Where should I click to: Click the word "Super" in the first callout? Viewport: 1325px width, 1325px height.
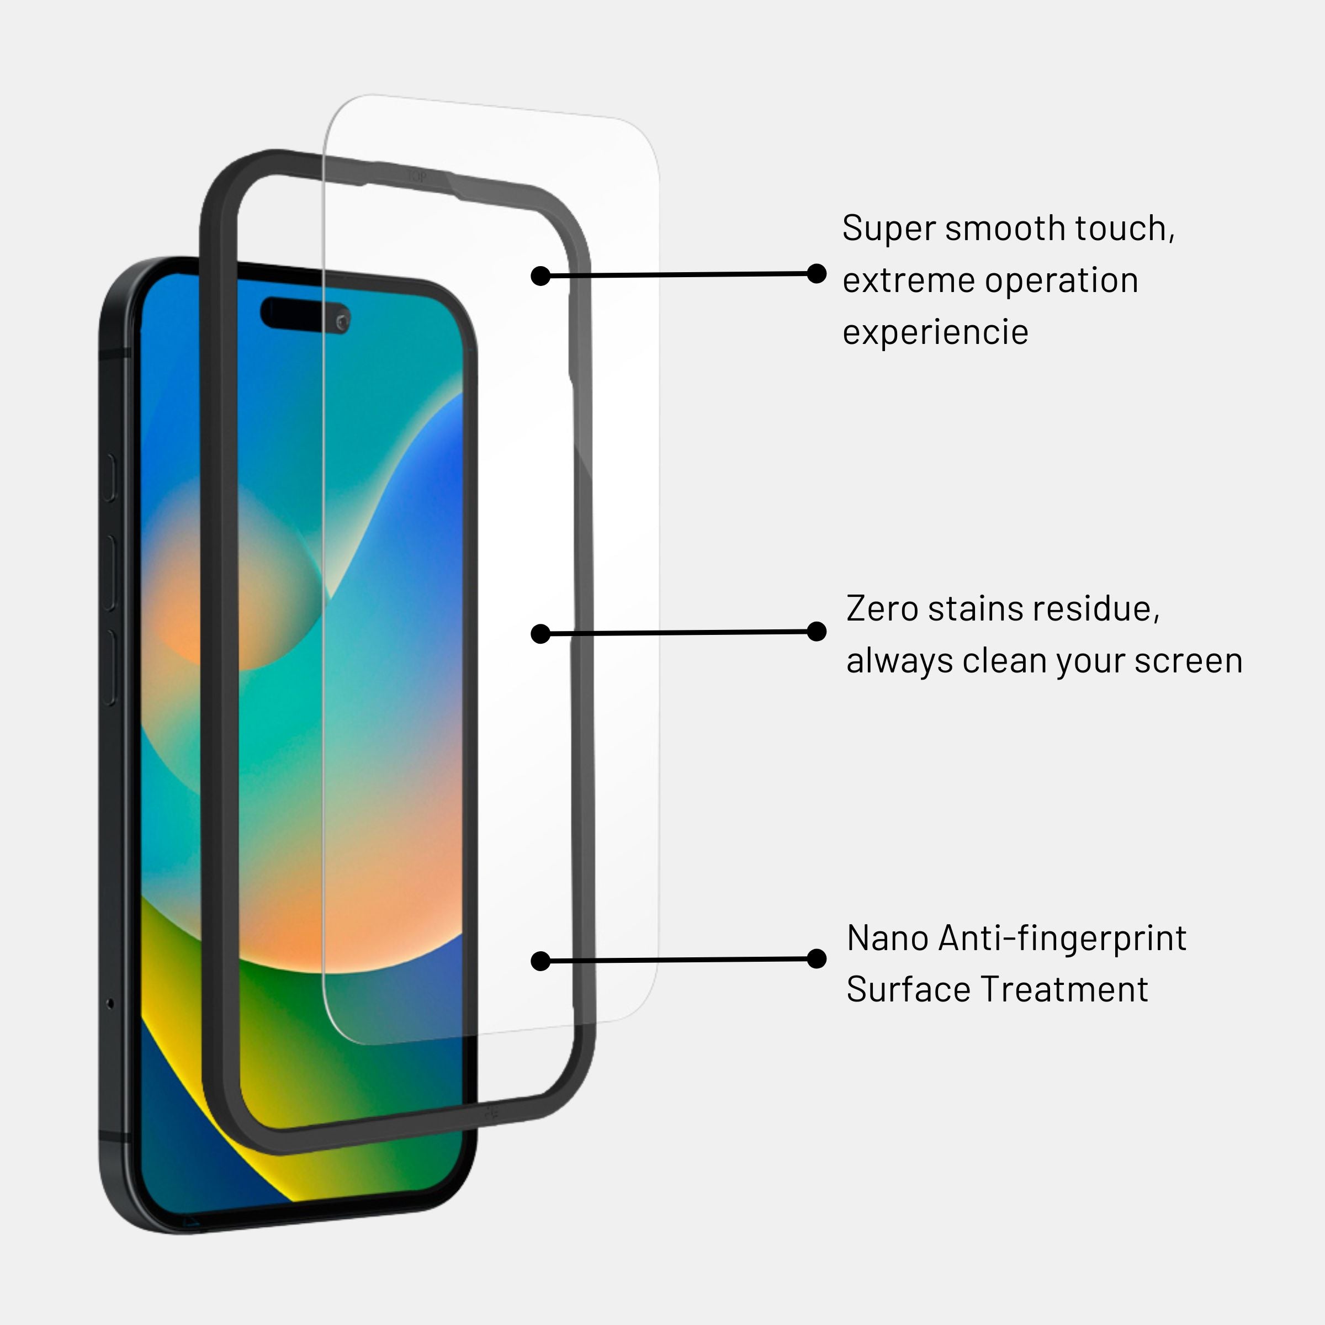[x=889, y=229]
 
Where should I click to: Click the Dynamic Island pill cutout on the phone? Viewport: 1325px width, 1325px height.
[x=305, y=315]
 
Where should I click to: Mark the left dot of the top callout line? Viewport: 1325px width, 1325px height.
[x=540, y=275]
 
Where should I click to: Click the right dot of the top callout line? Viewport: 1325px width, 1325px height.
[x=816, y=273]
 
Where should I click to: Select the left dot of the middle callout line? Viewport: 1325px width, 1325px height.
[x=540, y=634]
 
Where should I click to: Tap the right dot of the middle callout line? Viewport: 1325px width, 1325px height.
[x=816, y=631]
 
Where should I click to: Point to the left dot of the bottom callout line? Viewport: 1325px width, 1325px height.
[x=540, y=961]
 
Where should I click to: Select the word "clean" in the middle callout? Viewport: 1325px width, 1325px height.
[x=1005, y=661]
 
